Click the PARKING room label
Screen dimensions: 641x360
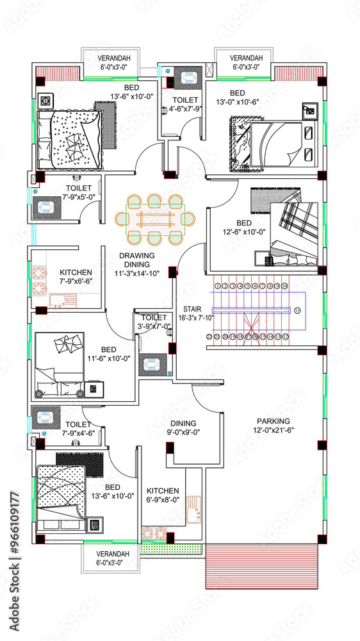tap(274, 420)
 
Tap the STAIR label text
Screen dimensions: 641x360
tap(193, 308)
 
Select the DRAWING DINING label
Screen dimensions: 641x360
tap(135, 260)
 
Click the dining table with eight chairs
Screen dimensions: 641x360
tap(154, 219)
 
